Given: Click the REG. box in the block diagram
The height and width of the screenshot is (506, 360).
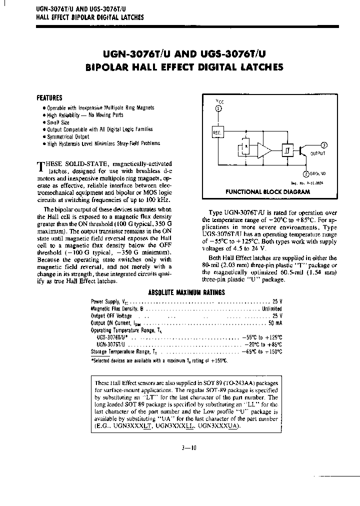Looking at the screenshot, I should (217, 132).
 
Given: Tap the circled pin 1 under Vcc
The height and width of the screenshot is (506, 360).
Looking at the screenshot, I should (217, 108).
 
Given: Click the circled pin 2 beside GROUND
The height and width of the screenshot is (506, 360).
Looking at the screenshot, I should (305, 173).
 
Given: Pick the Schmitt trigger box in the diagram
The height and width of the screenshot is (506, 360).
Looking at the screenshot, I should (286, 150).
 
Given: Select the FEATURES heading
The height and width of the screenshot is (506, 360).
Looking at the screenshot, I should (50, 98).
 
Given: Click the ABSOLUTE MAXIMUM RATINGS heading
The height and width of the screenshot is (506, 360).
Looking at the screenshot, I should (186, 292).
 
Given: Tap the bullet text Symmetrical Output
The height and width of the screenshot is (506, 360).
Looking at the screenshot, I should (67, 136).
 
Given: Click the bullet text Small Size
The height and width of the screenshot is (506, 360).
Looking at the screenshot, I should (58, 122).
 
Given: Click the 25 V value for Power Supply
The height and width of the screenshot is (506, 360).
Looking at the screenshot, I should (277, 302).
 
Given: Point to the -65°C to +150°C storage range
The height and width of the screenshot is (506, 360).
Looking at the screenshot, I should (263, 351).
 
